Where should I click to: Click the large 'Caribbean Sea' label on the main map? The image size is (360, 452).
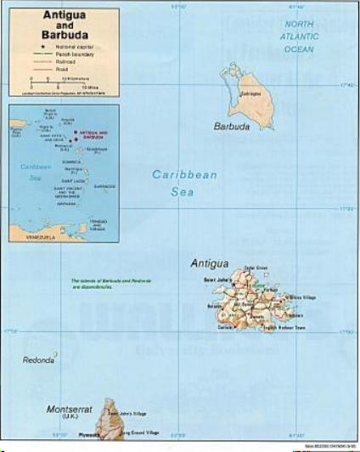pos(184,183)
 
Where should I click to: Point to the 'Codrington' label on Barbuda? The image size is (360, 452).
pos(250,93)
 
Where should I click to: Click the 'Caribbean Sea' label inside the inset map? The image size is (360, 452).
pos(35,171)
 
